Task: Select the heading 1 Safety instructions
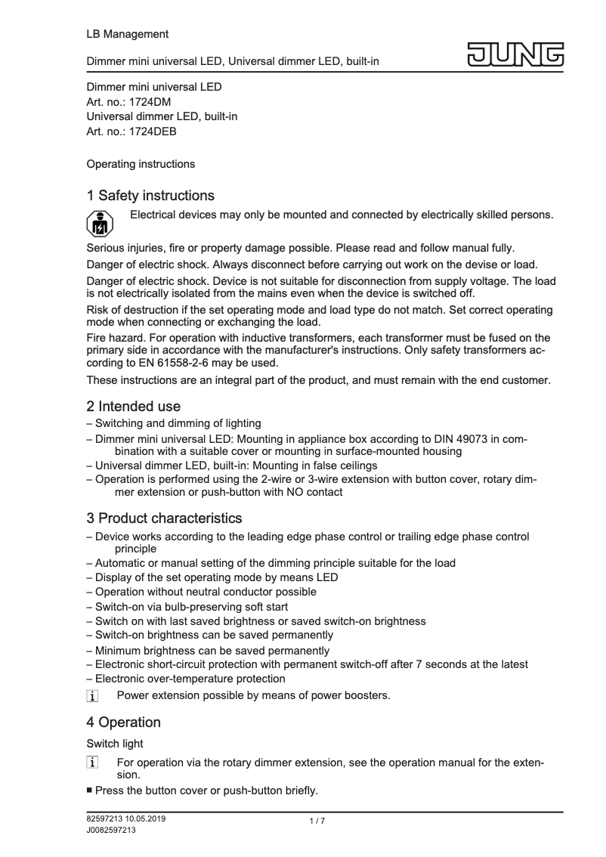coord(150,196)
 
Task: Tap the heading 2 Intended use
coord(134,407)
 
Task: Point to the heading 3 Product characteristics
coord(164,518)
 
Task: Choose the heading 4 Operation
coord(124,722)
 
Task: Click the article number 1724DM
coord(150,102)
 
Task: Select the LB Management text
coord(128,34)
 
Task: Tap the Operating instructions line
coord(141,164)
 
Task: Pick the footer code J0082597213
coord(111,830)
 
